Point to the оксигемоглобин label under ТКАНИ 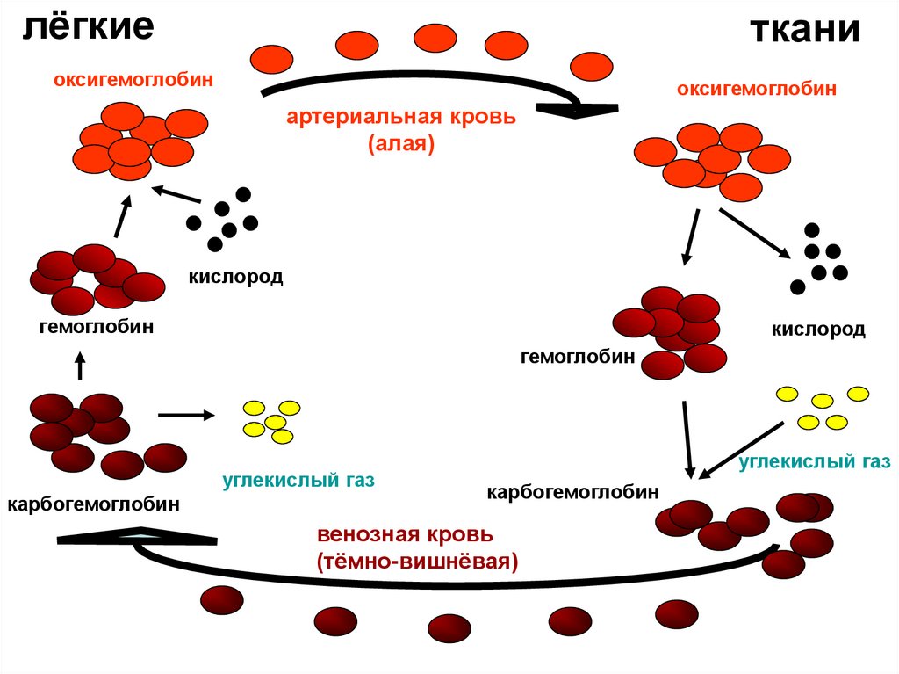756,88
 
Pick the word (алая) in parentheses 402,143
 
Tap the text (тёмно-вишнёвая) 418,561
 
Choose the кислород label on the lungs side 235,277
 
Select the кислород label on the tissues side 818,330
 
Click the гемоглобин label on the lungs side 97,327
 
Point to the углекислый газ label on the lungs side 298,481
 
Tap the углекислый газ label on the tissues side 816,460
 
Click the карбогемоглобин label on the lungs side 94,504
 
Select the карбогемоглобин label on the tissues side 573,491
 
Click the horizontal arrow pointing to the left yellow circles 186,414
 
